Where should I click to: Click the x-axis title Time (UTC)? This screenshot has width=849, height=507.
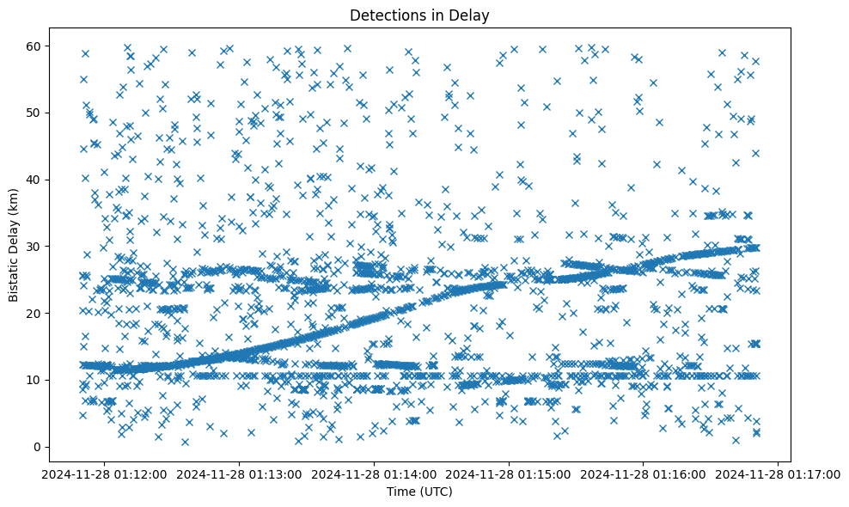tap(420, 492)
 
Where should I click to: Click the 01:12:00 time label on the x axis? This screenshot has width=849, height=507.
tap(105, 473)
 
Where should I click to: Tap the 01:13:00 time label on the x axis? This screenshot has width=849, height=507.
tap(240, 473)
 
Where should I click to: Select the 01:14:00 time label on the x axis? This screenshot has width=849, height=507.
tap(375, 473)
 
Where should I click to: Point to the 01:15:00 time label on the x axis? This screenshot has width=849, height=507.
tap(510, 473)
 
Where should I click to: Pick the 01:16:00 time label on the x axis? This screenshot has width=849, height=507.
tap(644, 473)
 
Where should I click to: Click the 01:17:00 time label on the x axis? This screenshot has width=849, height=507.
tap(779, 473)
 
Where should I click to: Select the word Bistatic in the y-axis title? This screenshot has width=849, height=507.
tap(15, 275)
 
